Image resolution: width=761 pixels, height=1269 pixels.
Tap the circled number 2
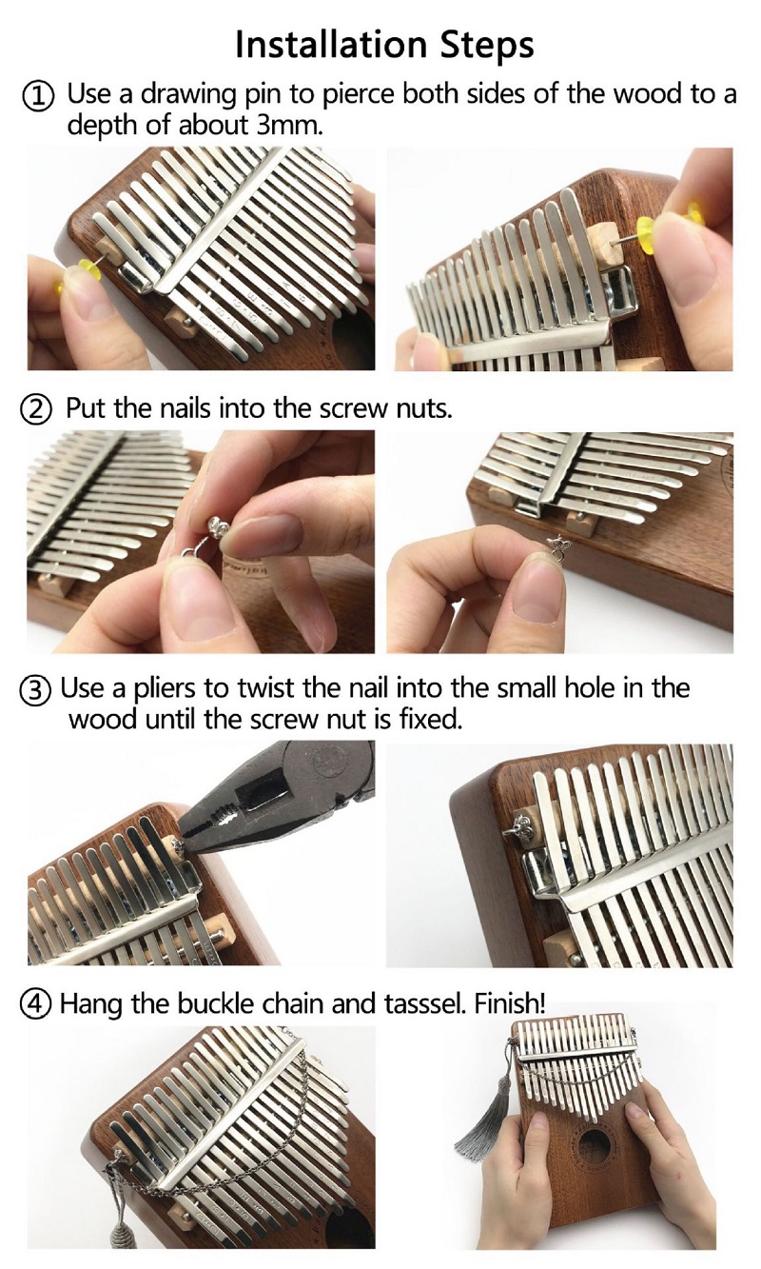(x=39, y=408)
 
